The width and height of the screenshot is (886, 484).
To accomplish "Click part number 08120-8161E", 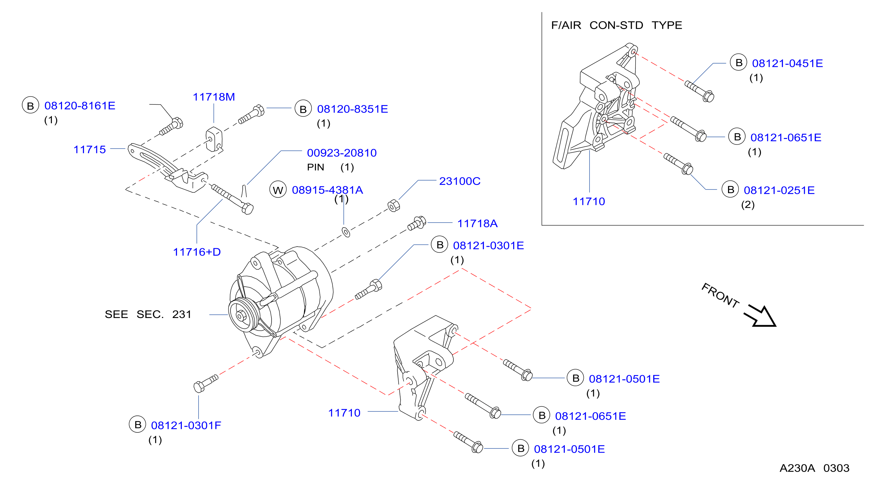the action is pyautogui.click(x=80, y=105).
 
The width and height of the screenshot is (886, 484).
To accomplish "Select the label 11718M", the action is pyautogui.click(x=214, y=97).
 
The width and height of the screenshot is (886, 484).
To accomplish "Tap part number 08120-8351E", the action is pyautogui.click(x=353, y=109).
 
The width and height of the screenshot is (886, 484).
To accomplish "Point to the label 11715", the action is pyautogui.click(x=89, y=149).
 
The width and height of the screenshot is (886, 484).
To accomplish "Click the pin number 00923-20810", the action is pyautogui.click(x=342, y=153).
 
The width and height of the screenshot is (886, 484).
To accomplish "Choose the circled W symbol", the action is pyautogui.click(x=278, y=189).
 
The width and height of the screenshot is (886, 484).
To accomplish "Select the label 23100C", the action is pyautogui.click(x=460, y=181).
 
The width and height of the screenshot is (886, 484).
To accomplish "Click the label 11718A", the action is pyautogui.click(x=477, y=223).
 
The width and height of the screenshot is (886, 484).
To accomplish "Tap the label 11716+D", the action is pyautogui.click(x=197, y=252).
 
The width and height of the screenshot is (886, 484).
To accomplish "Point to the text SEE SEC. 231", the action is pyautogui.click(x=148, y=314).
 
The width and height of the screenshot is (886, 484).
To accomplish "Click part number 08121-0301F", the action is pyautogui.click(x=186, y=425).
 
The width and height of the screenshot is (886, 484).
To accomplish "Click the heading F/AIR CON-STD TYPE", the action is pyautogui.click(x=617, y=25).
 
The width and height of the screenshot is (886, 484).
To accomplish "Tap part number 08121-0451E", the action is pyautogui.click(x=788, y=63).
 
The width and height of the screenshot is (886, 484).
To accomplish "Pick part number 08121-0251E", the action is pyautogui.click(x=779, y=190).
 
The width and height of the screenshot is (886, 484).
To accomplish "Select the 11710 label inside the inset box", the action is pyautogui.click(x=589, y=201).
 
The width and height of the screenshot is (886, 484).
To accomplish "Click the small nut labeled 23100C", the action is pyautogui.click(x=393, y=206).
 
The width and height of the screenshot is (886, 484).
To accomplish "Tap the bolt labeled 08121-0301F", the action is pyautogui.click(x=206, y=383).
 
